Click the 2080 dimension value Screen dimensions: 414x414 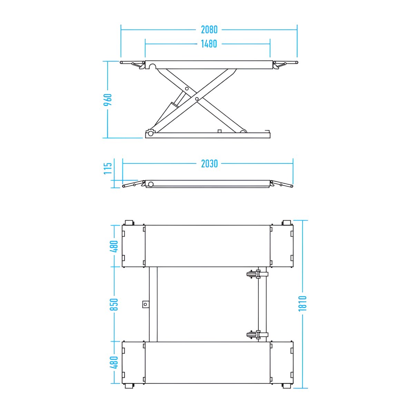coord(209,30)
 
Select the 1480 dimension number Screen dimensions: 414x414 coord(209,44)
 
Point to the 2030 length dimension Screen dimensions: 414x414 coord(209,164)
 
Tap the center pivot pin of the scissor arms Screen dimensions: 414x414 coord(197,99)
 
